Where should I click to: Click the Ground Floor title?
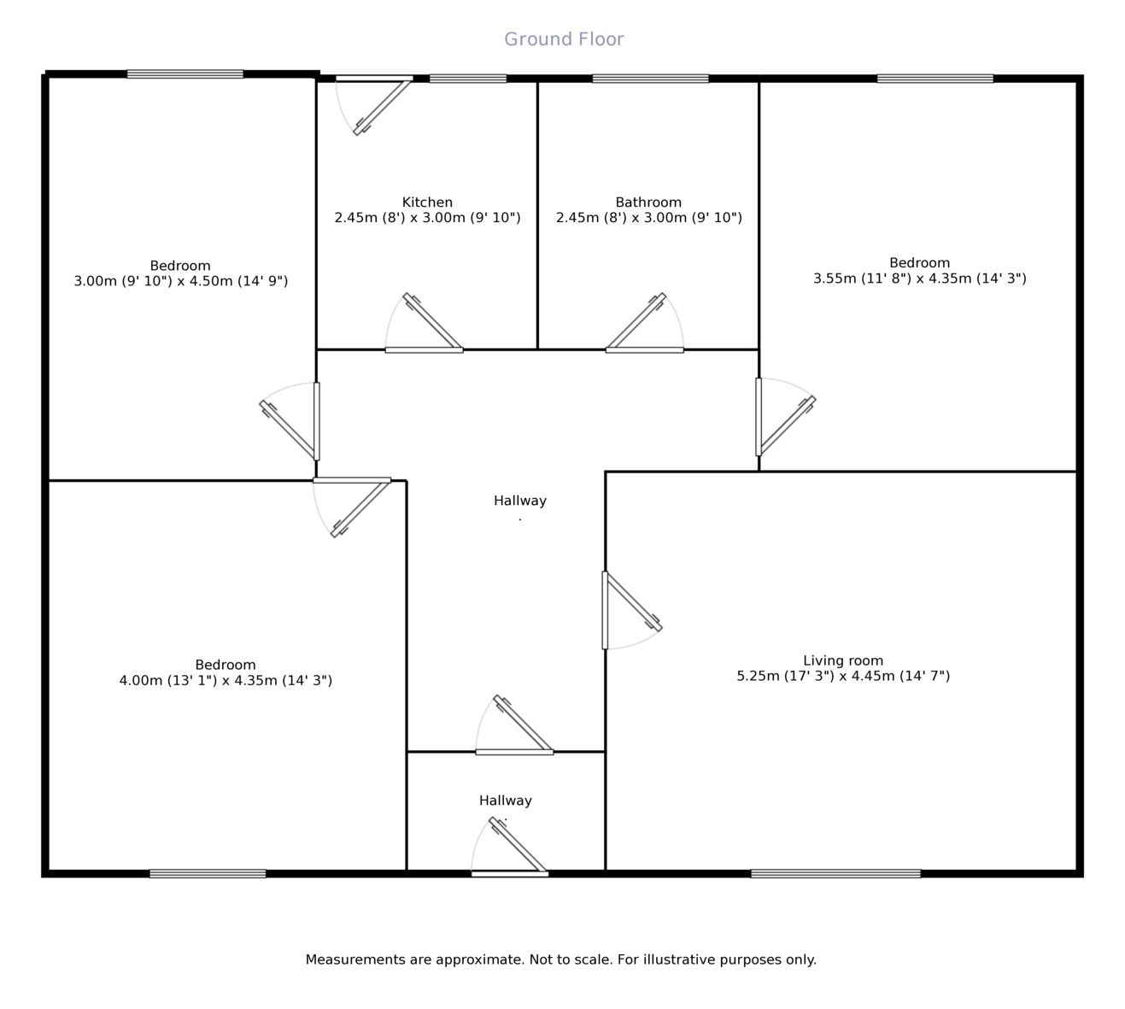tap(564, 39)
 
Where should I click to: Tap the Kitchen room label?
tap(427, 202)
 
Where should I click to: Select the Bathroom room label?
tap(648, 202)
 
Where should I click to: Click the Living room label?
tap(843, 660)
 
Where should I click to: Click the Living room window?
tap(835, 873)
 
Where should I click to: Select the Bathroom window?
tap(650, 79)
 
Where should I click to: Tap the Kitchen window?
tap(467, 79)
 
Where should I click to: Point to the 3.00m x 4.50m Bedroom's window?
tap(185, 74)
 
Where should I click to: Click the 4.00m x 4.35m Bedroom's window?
tap(208, 873)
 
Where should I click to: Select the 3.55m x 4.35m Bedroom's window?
tap(935, 79)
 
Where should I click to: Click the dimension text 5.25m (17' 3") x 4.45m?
tap(843, 676)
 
